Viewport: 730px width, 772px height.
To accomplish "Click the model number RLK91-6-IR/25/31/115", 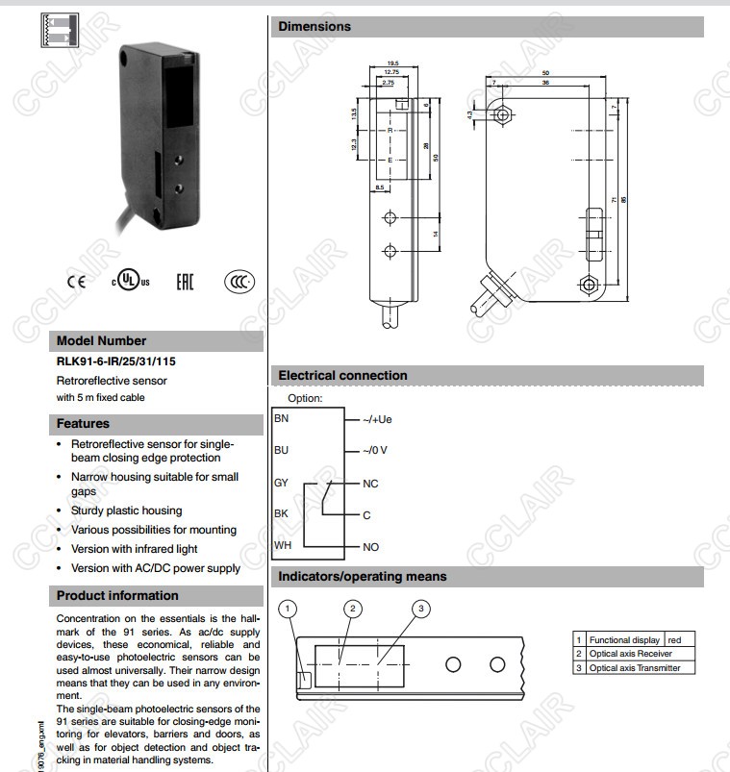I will pos(116,361).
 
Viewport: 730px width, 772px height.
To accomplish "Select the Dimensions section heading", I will pos(315,27).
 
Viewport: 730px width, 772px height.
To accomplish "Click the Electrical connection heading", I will pos(342,375).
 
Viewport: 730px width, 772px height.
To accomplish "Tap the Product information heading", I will pos(117,595).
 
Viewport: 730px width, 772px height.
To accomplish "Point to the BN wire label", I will pos(281,418).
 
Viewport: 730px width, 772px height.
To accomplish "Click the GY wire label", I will pos(281,483).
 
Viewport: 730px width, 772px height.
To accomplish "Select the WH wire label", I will pos(282,545).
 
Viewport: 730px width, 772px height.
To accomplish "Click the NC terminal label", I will pos(370,484).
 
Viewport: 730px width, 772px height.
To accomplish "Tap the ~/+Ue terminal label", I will pos(377,419).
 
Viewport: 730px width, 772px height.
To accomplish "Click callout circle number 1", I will pos(291,608).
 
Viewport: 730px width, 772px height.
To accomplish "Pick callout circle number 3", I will pos(419,608).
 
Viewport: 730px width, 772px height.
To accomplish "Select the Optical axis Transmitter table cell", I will pos(635,668).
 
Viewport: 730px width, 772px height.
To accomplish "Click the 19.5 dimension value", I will pos(392,62).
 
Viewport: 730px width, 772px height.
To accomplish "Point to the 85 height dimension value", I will pos(624,199).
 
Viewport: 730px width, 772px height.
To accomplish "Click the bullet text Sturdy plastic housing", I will pos(126,511).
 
